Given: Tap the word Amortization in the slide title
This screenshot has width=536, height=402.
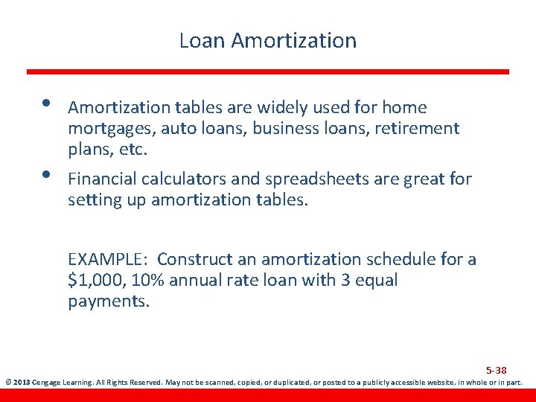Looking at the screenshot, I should [x=294, y=40].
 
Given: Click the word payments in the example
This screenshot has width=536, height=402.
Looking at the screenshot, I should [x=109, y=301].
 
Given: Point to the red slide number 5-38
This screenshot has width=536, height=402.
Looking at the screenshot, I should [x=497, y=370].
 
